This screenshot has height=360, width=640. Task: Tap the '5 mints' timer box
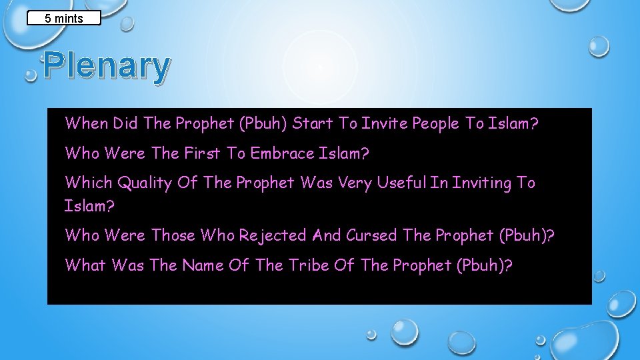click(x=64, y=18)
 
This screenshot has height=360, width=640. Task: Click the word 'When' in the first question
click(x=87, y=123)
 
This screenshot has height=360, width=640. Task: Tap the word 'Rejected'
click(x=273, y=235)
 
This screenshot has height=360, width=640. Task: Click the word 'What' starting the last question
click(x=86, y=265)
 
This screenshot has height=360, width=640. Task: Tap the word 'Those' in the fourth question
click(x=174, y=235)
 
